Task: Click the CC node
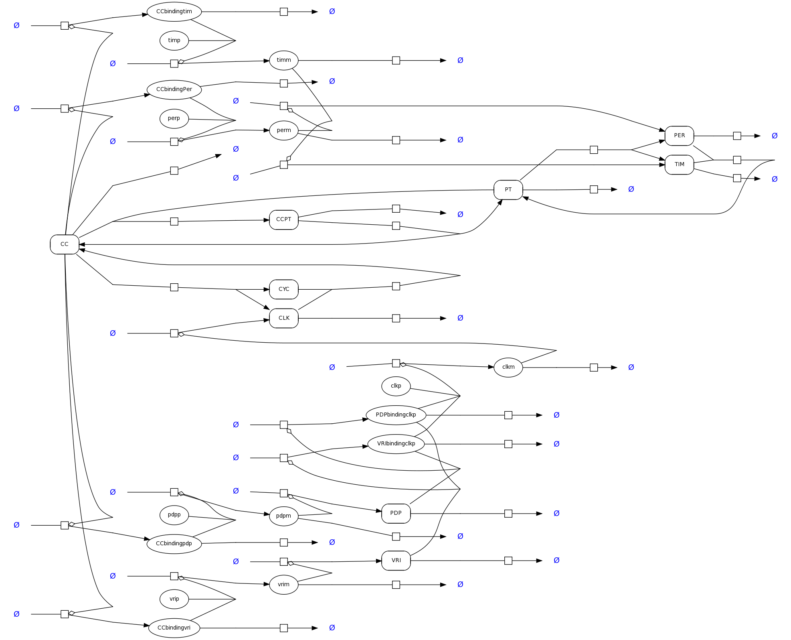[64, 244]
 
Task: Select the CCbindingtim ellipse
[174, 12]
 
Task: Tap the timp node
[174, 41]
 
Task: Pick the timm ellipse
[283, 60]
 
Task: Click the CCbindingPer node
[174, 89]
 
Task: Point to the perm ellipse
[283, 130]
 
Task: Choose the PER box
[679, 136]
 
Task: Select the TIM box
[679, 165]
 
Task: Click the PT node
[508, 190]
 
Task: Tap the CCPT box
[283, 219]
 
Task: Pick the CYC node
[283, 289]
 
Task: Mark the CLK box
[283, 318]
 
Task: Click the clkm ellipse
[508, 367]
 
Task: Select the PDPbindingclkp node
[396, 415]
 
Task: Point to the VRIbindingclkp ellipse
[396, 444]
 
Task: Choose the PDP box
[396, 513]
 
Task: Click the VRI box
[396, 561]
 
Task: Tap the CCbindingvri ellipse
[174, 628]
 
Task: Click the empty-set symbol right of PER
[775, 136]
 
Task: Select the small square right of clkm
[594, 368]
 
